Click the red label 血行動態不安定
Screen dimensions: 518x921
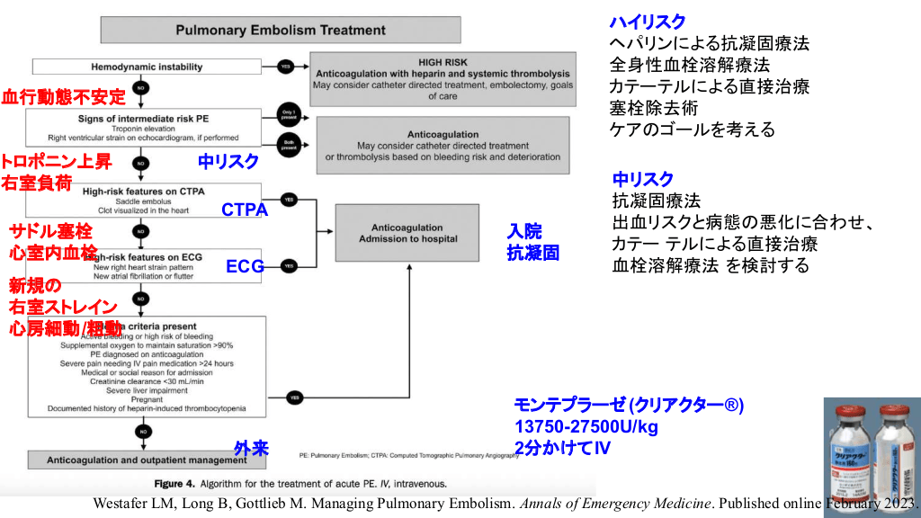click(x=64, y=97)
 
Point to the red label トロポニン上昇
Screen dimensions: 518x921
click(x=56, y=162)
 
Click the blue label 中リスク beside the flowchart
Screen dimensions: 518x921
click(x=228, y=162)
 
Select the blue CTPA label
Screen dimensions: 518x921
click(x=245, y=210)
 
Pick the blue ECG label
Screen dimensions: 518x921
click(x=244, y=266)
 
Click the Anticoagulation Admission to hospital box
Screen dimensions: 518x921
click(x=407, y=233)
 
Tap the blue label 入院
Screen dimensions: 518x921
click(x=524, y=232)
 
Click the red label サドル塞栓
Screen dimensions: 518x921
click(x=50, y=231)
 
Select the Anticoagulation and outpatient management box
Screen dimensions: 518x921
click(x=145, y=460)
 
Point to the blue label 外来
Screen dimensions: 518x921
click(x=251, y=448)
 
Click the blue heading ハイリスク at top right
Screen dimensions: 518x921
click(x=648, y=22)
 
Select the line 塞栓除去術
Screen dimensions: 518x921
click(x=656, y=108)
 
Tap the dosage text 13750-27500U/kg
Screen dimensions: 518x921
click(x=586, y=425)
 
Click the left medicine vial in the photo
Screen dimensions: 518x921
click(x=850, y=453)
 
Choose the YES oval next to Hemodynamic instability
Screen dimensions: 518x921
click(x=286, y=67)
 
